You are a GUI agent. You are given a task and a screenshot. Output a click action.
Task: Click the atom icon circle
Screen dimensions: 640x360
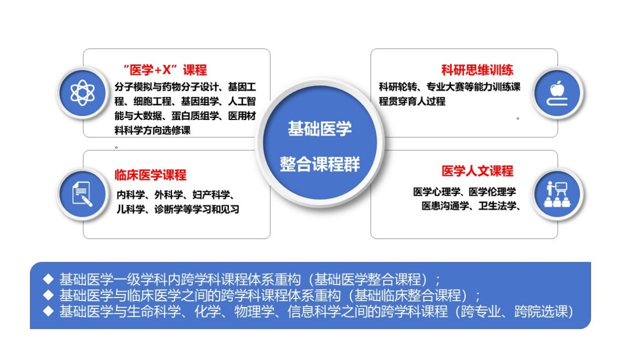tap(83, 93)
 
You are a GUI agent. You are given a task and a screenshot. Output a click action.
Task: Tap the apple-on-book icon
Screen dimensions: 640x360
tap(557, 93)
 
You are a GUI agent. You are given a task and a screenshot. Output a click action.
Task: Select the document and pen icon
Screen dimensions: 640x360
tap(83, 194)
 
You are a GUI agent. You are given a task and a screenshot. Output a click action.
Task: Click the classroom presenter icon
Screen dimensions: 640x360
tap(557, 194)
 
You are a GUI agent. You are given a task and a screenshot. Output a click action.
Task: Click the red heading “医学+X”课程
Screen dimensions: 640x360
tap(165, 70)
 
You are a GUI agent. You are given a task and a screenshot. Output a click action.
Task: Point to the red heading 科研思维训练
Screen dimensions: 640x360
tap(478, 70)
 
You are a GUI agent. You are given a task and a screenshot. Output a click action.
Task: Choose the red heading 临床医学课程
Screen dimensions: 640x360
tap(151, 175)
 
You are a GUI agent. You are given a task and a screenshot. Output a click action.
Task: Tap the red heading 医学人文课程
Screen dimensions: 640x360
tap(478, 171)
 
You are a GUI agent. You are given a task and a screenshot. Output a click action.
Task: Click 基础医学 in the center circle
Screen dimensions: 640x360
tap(320, 129)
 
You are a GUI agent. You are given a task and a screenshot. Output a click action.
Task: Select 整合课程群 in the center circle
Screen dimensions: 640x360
tap(320, 164)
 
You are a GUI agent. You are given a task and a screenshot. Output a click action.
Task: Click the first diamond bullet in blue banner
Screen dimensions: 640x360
tap(48, 279)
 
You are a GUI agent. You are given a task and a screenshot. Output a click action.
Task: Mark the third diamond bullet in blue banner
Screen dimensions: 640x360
tap(48, 311)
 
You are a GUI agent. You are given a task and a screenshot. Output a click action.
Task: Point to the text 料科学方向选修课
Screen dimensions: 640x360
tap(153, 131)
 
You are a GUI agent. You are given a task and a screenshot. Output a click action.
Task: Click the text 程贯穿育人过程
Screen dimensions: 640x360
tap(412, 101)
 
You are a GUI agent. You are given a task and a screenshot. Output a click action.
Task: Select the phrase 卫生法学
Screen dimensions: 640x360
tap(497, 206)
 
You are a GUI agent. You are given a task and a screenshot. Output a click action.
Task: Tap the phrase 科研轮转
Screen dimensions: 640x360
tap(398, 87)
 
